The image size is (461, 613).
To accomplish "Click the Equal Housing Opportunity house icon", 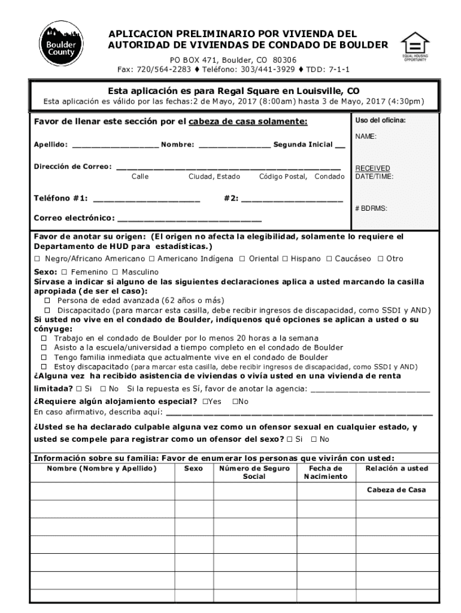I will pyautogui.click(x=415, y=44).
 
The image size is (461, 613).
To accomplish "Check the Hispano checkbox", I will pyautogui.click(x=285, y=259).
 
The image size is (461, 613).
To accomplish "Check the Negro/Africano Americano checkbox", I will pyautogui.click(x=37, y=259).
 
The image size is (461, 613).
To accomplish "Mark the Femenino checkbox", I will pyautogui.click(x=65, y=272).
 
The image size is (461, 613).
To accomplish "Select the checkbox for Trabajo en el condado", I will pyautogui.click(x=44, y=338).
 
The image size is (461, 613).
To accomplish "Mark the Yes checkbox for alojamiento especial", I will pyautogui.click(x=205, y=401).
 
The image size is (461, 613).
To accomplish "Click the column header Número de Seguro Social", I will pyautogui.click(x=254, y=472).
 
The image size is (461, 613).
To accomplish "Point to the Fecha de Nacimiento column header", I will pyautogui.click(x=325, y=472).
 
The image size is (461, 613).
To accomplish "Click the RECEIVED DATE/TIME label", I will pyautogui.click(x=372, y=172).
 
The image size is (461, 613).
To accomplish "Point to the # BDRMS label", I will pyautogui.click(x=371, y=208).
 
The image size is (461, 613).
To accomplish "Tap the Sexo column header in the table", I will pyautogui.click(x=193, y=469).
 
